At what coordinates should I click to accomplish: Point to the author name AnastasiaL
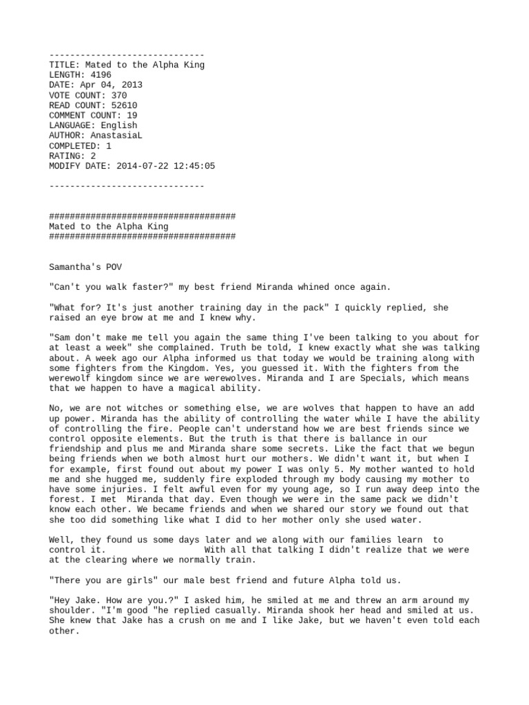(x=116, y=136)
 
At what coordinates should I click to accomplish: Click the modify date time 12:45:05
(x=194, y=166)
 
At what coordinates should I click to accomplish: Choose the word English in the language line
(x=119, y=125)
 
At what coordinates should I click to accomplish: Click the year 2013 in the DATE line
(x=132, y=85)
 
